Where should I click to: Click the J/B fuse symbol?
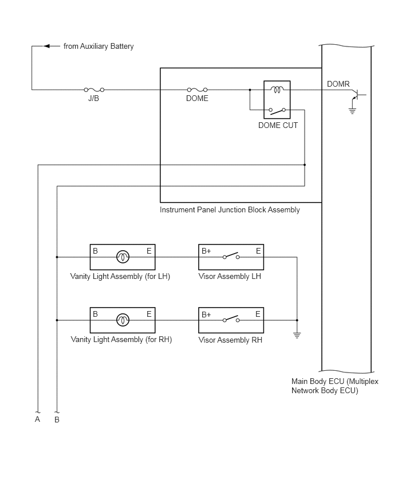pyautogui.click(x=94, y=90)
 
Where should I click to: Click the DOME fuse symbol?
pyautogui.click(x=198, y=90)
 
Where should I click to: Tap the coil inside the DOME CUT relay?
pyautogui.click(x=277, y=90)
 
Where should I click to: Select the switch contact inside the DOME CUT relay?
pyautogui.click(x=277, y=110)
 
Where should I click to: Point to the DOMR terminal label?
pyautogui.click(x=338, y=84)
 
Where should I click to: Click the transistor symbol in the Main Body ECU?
pyautogui.click(x=357, y=95)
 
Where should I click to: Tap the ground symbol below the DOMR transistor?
pyautogui.click(x=352, y=111)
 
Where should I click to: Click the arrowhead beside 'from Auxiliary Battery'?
pyautogui.click(x=47, y=46)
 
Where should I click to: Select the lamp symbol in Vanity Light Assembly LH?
pyautogui.click(x=123, y=257)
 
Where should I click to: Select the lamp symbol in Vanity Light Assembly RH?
pyautogui.click(x=123, y=320)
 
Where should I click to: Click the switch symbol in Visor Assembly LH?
pyautogui.click(x=231, y=256)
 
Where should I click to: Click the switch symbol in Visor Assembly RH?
pyautogui.click(x=231, y=319)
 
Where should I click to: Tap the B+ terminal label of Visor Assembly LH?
pyautogui.click(x=206, y=251)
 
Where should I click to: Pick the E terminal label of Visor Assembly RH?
pyautogui.click(x=258, y=314)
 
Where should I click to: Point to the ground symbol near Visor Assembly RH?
pyautogui.click(x=297, y=336)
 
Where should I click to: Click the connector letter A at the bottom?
pyautogui.click(x=37, y=419)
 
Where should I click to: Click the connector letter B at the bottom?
pyautogui.click(x=57, y=420)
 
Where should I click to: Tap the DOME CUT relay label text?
pyautogui.click(x=278, y=125)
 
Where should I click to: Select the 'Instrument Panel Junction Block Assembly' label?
pyautogui.click(x=230, y=210)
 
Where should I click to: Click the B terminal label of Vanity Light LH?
pyautogui.click(x=95, y=251)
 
